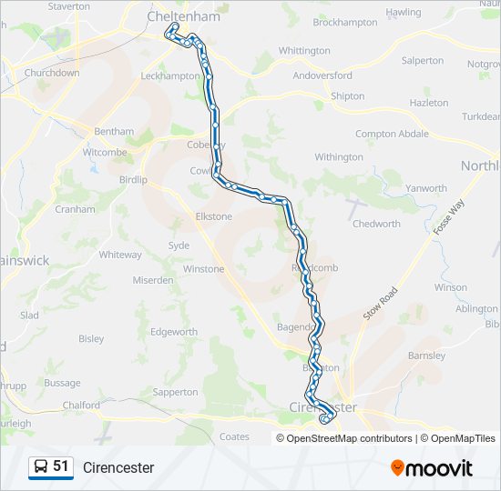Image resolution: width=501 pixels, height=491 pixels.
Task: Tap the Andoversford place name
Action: pyautogui.click(x=322, y=75)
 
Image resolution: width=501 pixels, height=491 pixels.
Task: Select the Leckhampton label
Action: pyautogui.click(x=170, y=75)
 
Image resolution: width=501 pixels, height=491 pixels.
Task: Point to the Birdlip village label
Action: pyautogui.click(x=133, y=180)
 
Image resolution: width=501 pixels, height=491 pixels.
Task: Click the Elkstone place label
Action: pyautogui.click(x=214, y=216)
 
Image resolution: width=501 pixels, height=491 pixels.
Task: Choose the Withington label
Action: pyautogui.click(x=339, y=157)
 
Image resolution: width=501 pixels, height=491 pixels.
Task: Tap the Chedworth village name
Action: pyautogui.click(x=376, y=224)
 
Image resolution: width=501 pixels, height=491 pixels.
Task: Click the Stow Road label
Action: pyautogui.click(x=381, y=304)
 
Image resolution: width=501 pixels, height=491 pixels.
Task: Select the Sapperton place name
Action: pyautogui.click(x=176, y=392)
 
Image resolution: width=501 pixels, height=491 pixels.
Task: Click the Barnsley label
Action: pyautogui.click(x=426, y=356)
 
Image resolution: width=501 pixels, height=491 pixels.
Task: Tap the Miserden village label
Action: pyautogui.click(x=153, y=280)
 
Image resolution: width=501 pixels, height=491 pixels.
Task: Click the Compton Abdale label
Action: pyautogui.click(x=392, y=134)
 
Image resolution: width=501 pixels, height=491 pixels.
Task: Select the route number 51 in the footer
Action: pyautogui.click(x=61, y=466)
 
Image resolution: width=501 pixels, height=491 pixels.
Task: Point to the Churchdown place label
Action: pyautogui.click(x=52, y=72)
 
